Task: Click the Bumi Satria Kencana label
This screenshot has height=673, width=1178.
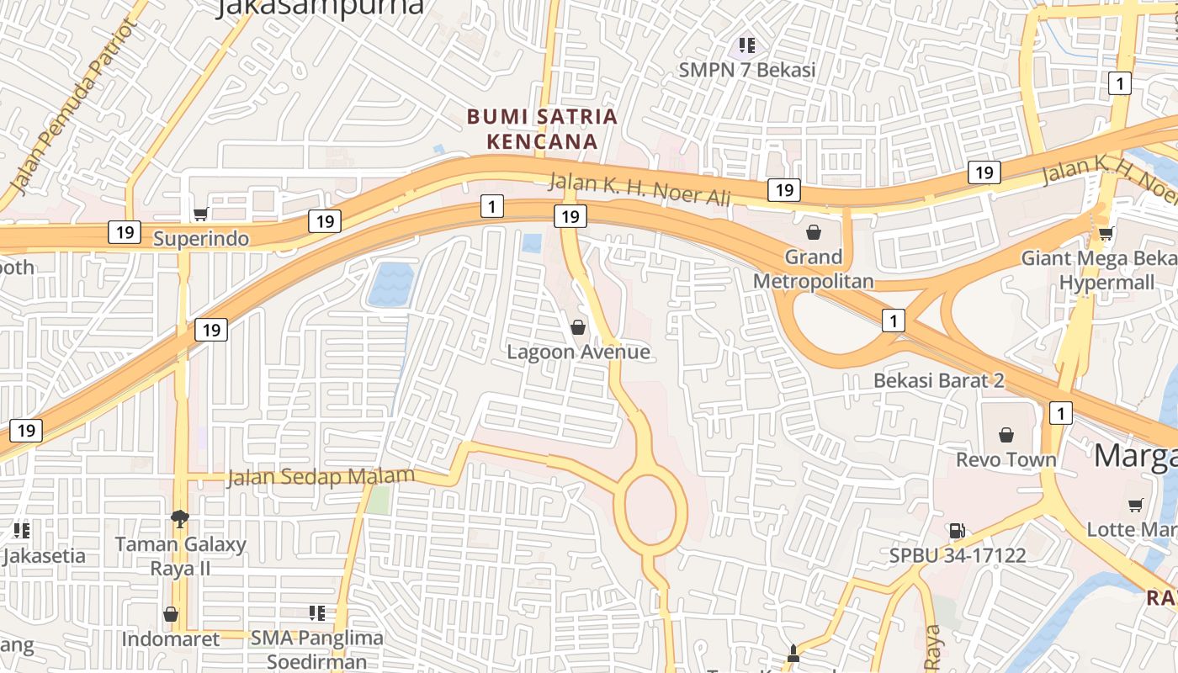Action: click(543, 129)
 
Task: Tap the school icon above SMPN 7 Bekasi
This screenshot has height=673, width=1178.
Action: click(746, 45)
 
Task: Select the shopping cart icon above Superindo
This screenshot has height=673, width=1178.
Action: click(200, 215)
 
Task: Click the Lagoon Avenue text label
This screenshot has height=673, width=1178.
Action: click(578, 352)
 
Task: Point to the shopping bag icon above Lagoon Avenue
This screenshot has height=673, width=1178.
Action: click(578, 326)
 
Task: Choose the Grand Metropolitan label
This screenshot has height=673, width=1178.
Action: click(813, 269)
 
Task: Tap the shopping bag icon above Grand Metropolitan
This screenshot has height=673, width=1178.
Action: click(814, 232)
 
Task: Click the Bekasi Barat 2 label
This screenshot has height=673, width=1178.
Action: click(939, 380)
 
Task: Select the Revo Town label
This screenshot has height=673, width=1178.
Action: click(1006, 459)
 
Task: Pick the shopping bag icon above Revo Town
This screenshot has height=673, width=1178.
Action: click(1006, 435)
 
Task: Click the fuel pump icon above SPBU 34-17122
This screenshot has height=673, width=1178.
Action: click(957, 531)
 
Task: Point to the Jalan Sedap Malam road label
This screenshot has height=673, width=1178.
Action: click(321, 477)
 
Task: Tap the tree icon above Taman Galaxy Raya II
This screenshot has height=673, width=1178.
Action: click(179, 518)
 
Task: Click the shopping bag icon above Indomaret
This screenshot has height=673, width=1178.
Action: click(171, 615)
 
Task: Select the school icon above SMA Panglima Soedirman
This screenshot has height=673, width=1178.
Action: click(317, 613)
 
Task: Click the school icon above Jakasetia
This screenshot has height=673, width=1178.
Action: click(22, 531)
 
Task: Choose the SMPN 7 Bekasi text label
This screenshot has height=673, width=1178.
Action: click(747, 70)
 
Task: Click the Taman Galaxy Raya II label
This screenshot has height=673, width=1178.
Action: click(180, 556)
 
